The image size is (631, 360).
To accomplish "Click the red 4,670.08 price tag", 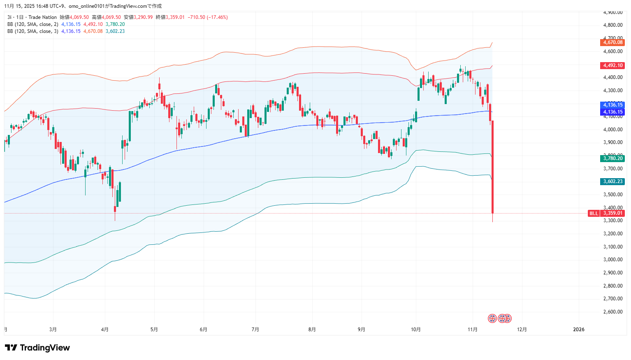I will coord(612,42).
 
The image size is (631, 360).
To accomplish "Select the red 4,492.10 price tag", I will coord(612,65).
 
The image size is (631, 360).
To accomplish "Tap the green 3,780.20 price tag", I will coord(612,158).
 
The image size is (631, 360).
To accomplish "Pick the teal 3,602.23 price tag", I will coord(612,181).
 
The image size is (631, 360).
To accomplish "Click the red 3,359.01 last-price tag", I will coord(612,213).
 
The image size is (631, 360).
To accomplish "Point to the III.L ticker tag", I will coord(594,213).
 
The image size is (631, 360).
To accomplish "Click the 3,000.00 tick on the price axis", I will coord(612,260).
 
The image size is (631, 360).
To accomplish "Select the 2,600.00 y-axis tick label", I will coord(612,312).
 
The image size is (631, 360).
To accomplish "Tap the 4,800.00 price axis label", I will coord(612,25).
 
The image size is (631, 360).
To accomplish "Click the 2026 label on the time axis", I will coord(579,330).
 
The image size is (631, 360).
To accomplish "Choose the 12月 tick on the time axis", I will coord(522,330).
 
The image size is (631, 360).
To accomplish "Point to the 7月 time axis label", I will coord(255,330).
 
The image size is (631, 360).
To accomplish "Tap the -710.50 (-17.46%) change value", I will coord(208,17).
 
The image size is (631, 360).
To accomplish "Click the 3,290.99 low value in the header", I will coord(143,17).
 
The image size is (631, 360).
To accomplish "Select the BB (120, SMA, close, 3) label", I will coord(32,31).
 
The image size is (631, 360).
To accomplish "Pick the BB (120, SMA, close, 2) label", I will coord(32,24).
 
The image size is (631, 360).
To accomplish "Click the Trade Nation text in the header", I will coord(43,17).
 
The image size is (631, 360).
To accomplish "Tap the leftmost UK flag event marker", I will coord(492,318).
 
